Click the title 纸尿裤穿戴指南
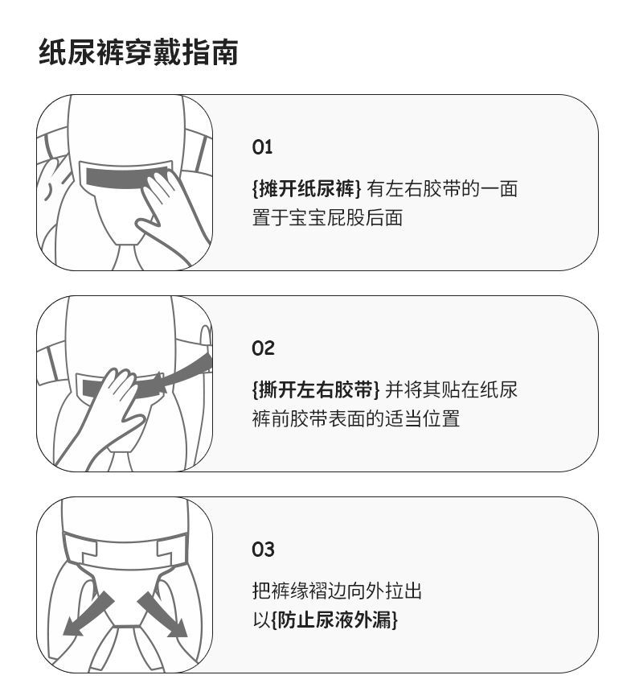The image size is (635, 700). coord(139,53)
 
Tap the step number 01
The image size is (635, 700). coord(262,147)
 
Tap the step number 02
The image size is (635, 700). coord(263,348)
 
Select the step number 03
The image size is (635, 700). coord(263,549)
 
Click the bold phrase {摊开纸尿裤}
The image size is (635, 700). coord(307,189)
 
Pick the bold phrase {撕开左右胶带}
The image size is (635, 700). coord(316,390)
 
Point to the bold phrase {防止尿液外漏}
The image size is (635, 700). coord(334,620)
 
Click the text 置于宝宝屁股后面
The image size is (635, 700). coord(328,218)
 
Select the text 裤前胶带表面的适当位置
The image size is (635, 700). coord(356,418)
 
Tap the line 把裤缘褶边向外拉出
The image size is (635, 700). coord(337,591)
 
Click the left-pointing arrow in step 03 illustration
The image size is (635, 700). coord(88,614)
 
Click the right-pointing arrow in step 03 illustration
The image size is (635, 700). coord(162,615)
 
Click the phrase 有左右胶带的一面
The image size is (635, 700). coord(442,189)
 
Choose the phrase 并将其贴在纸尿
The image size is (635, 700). coord(451,390)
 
